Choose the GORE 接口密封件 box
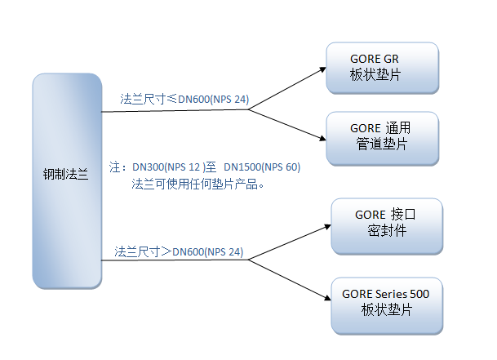[x=387, y=224]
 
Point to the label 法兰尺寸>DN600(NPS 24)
[x=179, y=251]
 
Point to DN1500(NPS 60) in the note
[x=262, y=167]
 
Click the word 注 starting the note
[x=115, y=167]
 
